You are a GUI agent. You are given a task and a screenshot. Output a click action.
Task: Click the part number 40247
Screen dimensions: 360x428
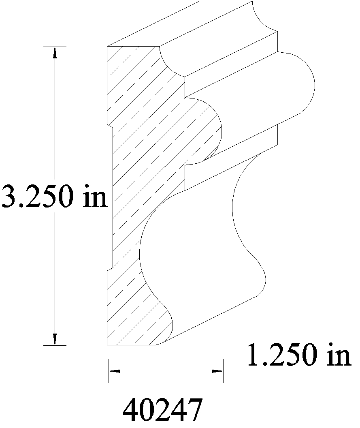(x=162, y=410)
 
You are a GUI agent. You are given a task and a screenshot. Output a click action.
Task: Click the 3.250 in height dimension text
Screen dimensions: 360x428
(x=54, y=196)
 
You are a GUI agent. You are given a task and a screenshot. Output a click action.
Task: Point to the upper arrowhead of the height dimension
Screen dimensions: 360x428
(x=55, y=52)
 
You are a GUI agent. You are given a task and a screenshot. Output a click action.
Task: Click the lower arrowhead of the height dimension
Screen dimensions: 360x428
(x=55, y=340)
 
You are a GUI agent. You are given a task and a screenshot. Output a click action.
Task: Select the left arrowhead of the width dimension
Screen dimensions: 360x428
(x=114, y=371)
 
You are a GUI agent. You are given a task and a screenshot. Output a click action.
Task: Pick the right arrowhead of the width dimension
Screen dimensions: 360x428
(x=217, y=371)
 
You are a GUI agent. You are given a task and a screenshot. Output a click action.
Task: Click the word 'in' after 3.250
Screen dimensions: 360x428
(x=95, y=196)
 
